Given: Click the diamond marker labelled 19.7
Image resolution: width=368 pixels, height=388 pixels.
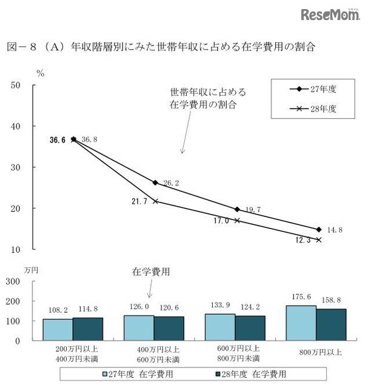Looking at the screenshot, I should coord(237,209).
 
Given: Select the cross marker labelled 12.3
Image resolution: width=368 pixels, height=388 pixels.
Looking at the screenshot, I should coord(318,240).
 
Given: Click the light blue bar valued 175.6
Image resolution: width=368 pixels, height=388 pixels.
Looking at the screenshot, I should coord(301,323).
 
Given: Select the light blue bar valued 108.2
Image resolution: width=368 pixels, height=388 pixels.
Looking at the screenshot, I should coord(58,330).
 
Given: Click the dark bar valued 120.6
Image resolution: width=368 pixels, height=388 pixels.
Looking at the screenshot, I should coord(169,329).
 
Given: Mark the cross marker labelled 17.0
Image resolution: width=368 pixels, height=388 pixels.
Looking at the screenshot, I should coord(237,221).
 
